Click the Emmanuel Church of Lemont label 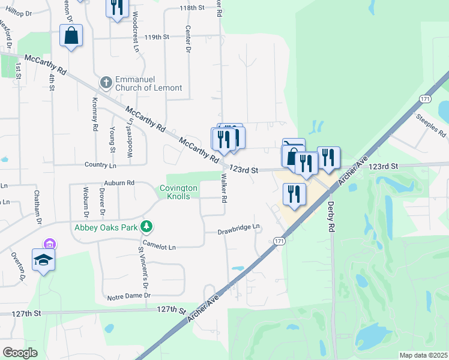pyautogui.click(x=148, y=83)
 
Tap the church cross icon pyautogui.click(x=106, y=82)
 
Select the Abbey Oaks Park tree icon pyautogui.click(x=146, y=227)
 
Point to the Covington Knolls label pyautogui.click(x=178, y=192)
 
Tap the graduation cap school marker pyautogui.click(x=44, y=260)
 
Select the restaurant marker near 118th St pyautogui.click(x=116, y=7)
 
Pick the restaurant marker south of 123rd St pyautogui.click(x=294, y=194)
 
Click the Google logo pyautogui.click(x=20, y=352)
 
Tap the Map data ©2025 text pyautogui.click(x=423, y=355)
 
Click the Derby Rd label pyautogui.click(x=331, y=215)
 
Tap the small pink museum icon pyautogui.click(x=49, y=244)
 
